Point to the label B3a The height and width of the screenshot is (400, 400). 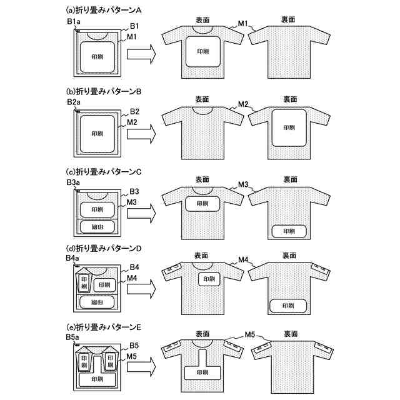(x=73, y=181)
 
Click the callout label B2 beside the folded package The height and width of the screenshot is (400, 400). (x=134, y=112)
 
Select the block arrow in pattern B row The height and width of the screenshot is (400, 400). (x=141, y=134)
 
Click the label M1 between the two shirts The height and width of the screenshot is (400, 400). (x=244, y=24)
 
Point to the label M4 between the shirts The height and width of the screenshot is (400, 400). (x=244, y=259)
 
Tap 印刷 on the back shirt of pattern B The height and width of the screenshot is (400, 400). (x=289, y=127)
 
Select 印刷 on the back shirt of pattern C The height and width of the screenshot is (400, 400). (x=289, y=231)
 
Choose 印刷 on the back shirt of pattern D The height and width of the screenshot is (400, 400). (x=288, y=306)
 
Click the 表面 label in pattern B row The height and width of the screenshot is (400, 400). (x=202, y=99)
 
